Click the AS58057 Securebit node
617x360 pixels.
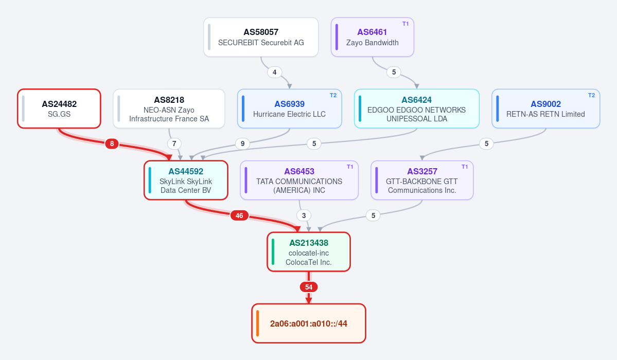tap(261, 37)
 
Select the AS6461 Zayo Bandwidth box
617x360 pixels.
tap(372, 37)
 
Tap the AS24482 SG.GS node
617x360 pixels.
tap(59, 109)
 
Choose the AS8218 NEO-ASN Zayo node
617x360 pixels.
tap(169, 109)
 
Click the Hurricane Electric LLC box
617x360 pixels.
tap(289, 109)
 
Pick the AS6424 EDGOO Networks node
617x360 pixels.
tap(417, 109)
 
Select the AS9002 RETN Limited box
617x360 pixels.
tap(546, 109)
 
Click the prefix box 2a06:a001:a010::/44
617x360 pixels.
tap(309, 323)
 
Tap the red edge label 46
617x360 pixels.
tap(239, 215)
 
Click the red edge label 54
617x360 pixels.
tap(309, 287)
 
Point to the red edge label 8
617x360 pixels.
tap(112, 143)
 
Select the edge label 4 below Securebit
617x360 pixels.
tap(274, 73)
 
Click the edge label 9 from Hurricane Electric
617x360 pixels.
tap(242, 143)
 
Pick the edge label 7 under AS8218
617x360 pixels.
tap(174, 143)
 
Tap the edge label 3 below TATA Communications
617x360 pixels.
tap(304, 215)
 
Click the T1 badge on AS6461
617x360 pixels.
tap(406, 24)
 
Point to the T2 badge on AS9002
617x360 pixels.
tap(591, 95)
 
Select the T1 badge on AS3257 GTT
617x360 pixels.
tap(464, 167)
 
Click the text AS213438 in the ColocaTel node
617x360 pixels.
tap(309, 243)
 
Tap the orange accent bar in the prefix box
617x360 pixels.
tap(257, 323)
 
